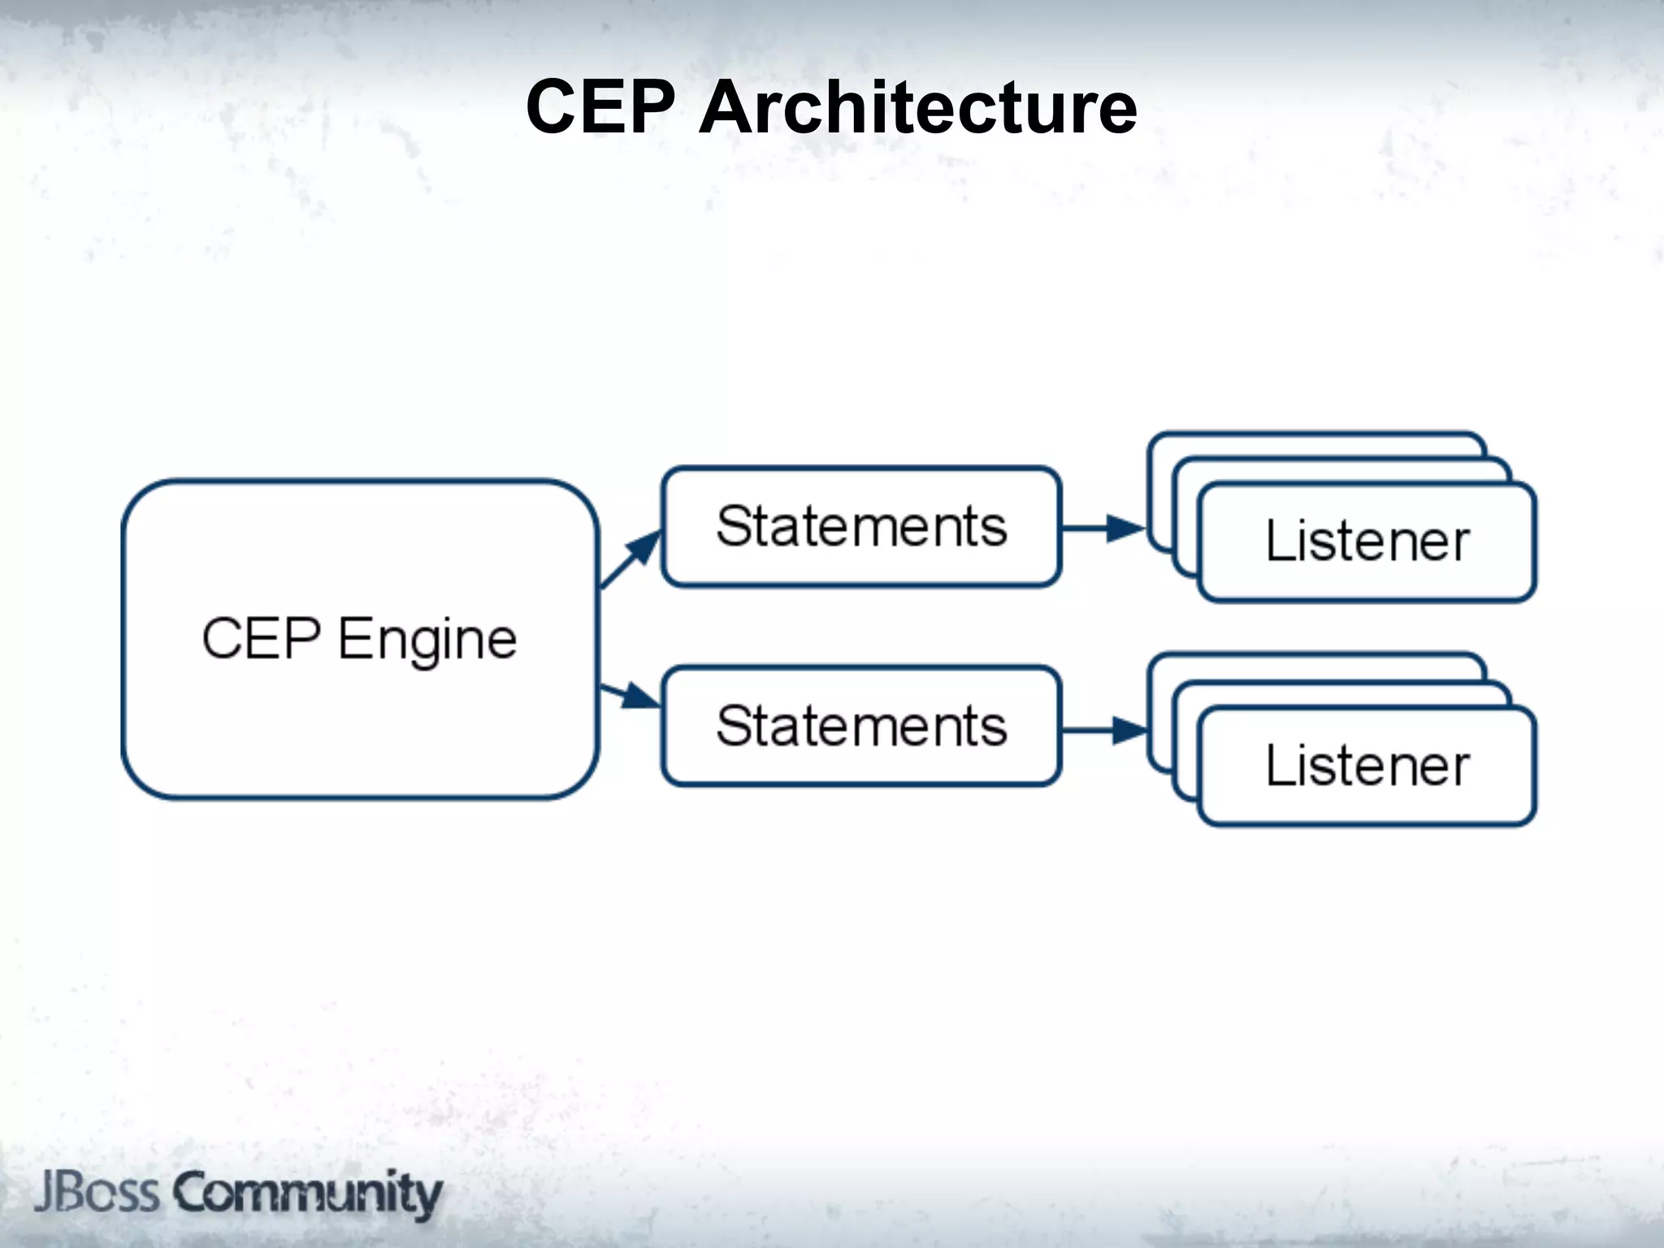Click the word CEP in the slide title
pyautogui.click(x=600, y=107)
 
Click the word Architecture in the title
pyautogui.click(x=917, y=107)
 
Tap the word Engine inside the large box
pyautogui.click(x=427, y=640)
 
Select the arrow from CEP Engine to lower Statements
pyautogui.click(x=630, y=695)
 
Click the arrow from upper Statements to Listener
pyautogui.click(x=1103, y=528)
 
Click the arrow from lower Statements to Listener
pyautogui.click(x=1103, y=730)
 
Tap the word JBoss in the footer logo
pyautogui.click(x=96, y=1193)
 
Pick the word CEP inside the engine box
pyautogui.click(x=261, y=639)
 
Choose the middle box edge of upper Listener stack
pyautogui.click(x=1341, y=469)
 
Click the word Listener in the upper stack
pyautogui.click(x=1367, y=541)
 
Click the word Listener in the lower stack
pyautogui.click(x=1367, y=765)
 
